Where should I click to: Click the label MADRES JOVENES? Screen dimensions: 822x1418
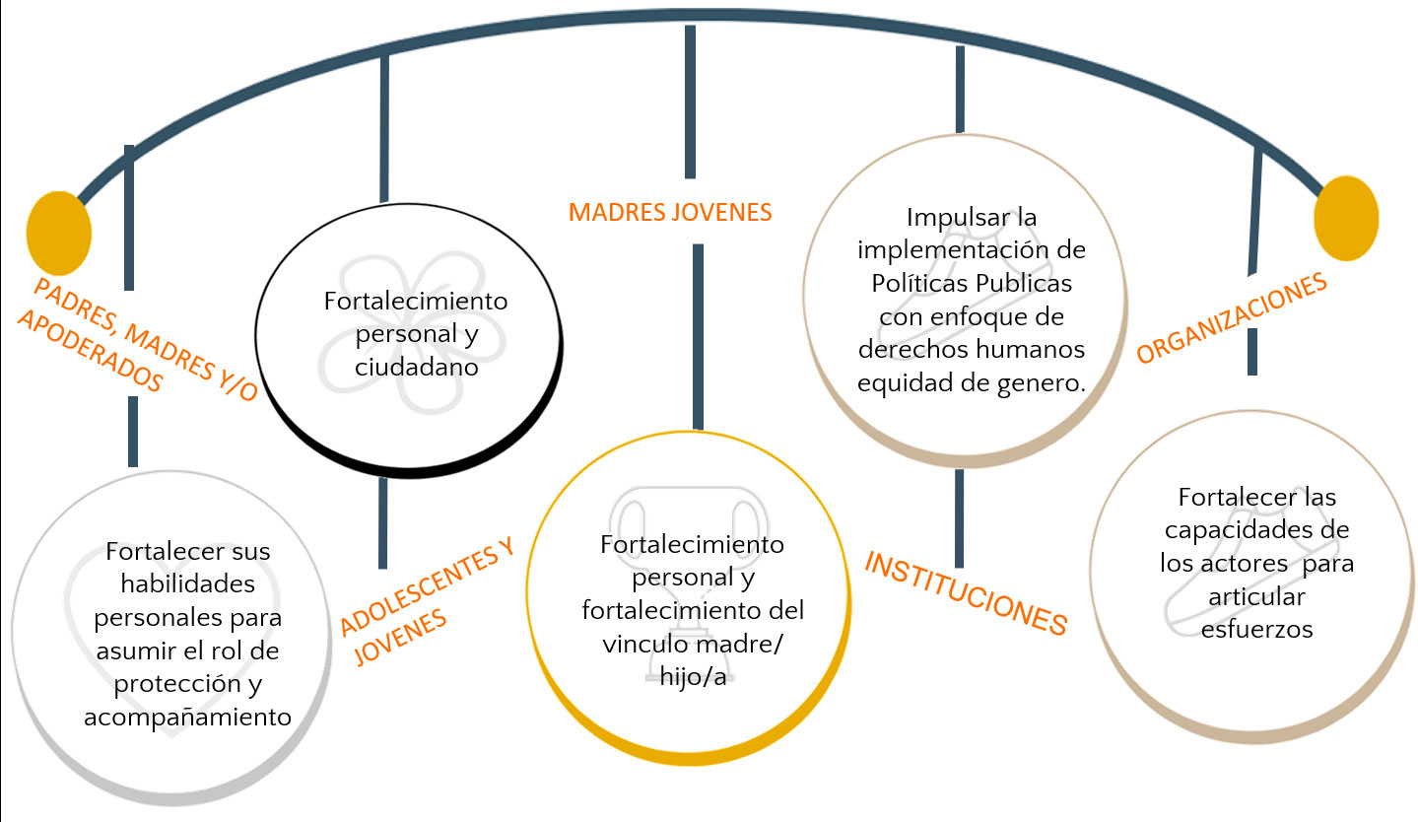pos(670,212)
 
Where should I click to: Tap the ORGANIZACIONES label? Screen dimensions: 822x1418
pos(1232,318)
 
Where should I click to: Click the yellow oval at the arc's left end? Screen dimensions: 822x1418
pos(59,234)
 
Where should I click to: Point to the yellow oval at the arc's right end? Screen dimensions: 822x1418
pos(1346,219)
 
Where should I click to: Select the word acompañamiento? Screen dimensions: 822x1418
pos(187,717)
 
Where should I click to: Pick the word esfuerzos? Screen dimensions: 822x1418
pos(1256,629)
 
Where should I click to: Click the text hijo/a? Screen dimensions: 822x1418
pos(694,675)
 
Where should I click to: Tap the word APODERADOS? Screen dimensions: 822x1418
pos(90,350)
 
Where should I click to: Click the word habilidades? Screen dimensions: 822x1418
pos(187,584)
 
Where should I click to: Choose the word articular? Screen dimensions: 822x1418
pos(1256,596)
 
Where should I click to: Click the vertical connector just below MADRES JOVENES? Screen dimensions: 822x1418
pos(698,335)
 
